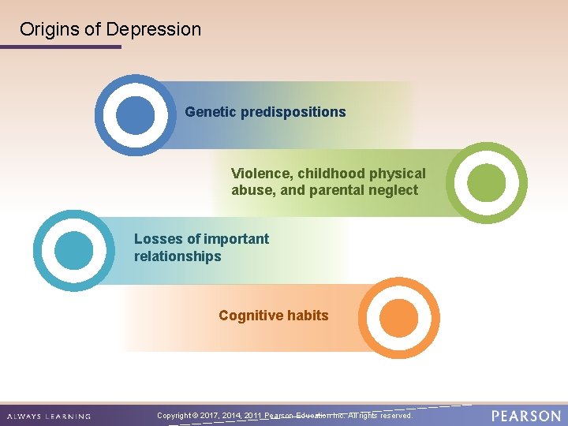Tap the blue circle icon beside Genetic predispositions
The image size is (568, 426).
point(136,115)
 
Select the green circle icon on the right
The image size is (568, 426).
point(486,183)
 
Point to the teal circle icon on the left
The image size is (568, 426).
point(74,250)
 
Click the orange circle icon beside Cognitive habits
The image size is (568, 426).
point(398,318)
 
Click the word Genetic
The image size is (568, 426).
point(211,112)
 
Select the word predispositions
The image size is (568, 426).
point(293,112)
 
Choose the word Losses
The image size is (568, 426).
point(158,239)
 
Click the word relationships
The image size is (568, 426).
point(177,256)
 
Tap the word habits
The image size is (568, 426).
point(308,316)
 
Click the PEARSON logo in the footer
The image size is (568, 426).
point(526,415)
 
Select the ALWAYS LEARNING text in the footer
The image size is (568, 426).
point(49,416)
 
